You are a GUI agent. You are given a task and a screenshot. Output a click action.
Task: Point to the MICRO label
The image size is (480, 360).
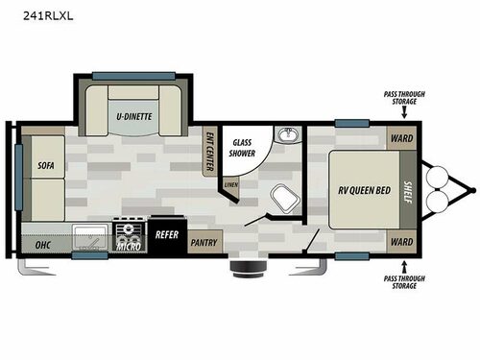pos(129,247)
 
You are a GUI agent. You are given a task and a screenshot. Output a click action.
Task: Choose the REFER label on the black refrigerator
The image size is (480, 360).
pos(165,231)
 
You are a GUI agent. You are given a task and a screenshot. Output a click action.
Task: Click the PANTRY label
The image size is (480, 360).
pos(203,243)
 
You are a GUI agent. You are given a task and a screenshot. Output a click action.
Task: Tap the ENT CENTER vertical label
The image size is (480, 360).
pos(209,151)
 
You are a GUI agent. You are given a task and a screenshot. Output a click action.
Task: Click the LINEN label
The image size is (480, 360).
pos(230,183)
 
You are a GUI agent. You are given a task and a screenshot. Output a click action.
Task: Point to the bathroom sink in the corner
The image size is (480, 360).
pos(285,135)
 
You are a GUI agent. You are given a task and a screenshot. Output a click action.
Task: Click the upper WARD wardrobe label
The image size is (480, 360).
pos(400,136)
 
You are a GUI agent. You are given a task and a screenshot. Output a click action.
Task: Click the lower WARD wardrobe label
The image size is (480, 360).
pos(400,244)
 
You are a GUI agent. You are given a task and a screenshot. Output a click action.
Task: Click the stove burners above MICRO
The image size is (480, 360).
pos(129,231)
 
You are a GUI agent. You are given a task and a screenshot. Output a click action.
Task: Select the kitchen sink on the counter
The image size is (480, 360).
pos(90,234)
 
